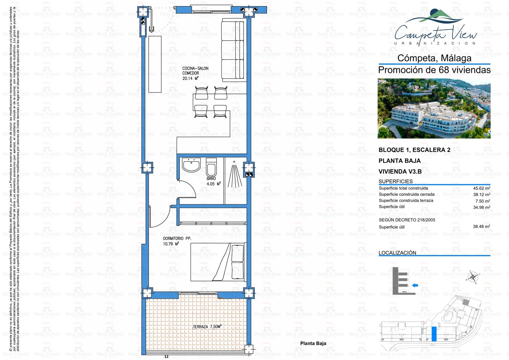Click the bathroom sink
191,166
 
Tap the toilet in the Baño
211,166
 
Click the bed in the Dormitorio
218,262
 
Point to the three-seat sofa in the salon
234,50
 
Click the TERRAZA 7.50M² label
207,327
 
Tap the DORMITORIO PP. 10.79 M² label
173,241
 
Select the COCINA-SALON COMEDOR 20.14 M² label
195,73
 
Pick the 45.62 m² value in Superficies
481,188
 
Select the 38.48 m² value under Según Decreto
481,227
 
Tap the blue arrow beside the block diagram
415,286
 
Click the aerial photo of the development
434,109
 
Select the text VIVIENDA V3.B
400,172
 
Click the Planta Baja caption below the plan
313,343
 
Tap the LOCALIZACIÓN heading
397,253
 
